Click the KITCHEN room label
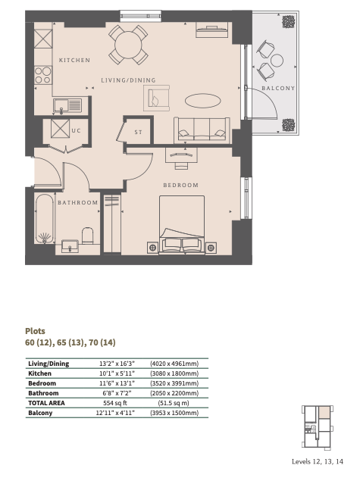tap(74, 60)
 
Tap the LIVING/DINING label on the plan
tap(128, 80)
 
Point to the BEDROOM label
tap(180, 186)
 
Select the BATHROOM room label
tap(77, 202)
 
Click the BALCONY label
tap(278, 89)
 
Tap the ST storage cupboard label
tap(139, 133)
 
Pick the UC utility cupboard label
tap(76, 131)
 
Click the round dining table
tap(128, 45)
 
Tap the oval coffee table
tap(203, 101)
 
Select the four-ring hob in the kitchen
tap(43, 76)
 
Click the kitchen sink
tap(67, 106)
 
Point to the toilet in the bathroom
tap(87, 236)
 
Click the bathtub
tap(45, 219)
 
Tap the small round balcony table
tap(277, 61)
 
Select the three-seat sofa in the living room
tap(202, 130)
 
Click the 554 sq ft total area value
tap(115, 403)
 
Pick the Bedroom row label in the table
tap(42, 383)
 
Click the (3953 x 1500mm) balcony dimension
tap(174, 413)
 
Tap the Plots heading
tap(35, 331)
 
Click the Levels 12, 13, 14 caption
tap(318, 461)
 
